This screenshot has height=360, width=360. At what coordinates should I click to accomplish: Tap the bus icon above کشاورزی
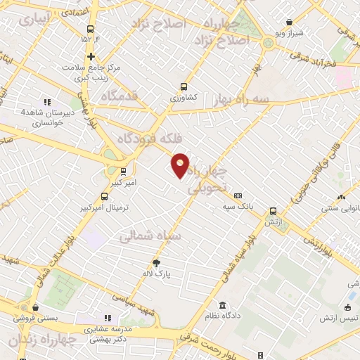coord(184,86)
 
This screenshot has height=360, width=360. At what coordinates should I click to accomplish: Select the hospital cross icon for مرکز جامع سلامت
coord(91,57)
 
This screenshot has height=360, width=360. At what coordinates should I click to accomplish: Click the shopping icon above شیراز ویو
coord(290,23)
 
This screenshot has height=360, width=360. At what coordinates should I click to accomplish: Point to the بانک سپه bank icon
coord(238,195)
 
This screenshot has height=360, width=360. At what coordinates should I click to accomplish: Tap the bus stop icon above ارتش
coord(273,210)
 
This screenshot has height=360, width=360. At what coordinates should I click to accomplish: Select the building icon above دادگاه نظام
coord(223,305)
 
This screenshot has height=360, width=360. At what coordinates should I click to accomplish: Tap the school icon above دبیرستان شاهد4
coord(47,103)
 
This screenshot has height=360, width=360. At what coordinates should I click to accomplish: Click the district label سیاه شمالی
coord(150,236)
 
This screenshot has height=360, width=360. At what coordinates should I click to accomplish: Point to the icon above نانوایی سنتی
coord(340,198)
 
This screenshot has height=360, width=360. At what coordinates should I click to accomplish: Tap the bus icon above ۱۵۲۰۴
coord(90,29)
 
